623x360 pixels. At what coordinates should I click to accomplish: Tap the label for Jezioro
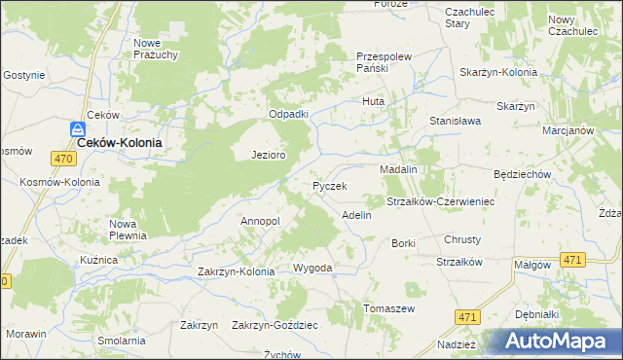[x=268, y=155]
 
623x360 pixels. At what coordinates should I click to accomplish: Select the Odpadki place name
[x=288, y=114]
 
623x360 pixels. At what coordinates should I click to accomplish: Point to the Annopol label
[x=260, y=221]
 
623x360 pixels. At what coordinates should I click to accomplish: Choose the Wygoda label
[x=313, y=268]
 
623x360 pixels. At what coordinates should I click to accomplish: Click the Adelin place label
[x=356, y=214]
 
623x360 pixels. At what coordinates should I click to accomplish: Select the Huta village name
[x=374, y=101]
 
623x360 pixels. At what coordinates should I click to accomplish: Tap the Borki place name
[x=403, y=243]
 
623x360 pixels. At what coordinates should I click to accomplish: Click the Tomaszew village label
[x=389, y=308]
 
